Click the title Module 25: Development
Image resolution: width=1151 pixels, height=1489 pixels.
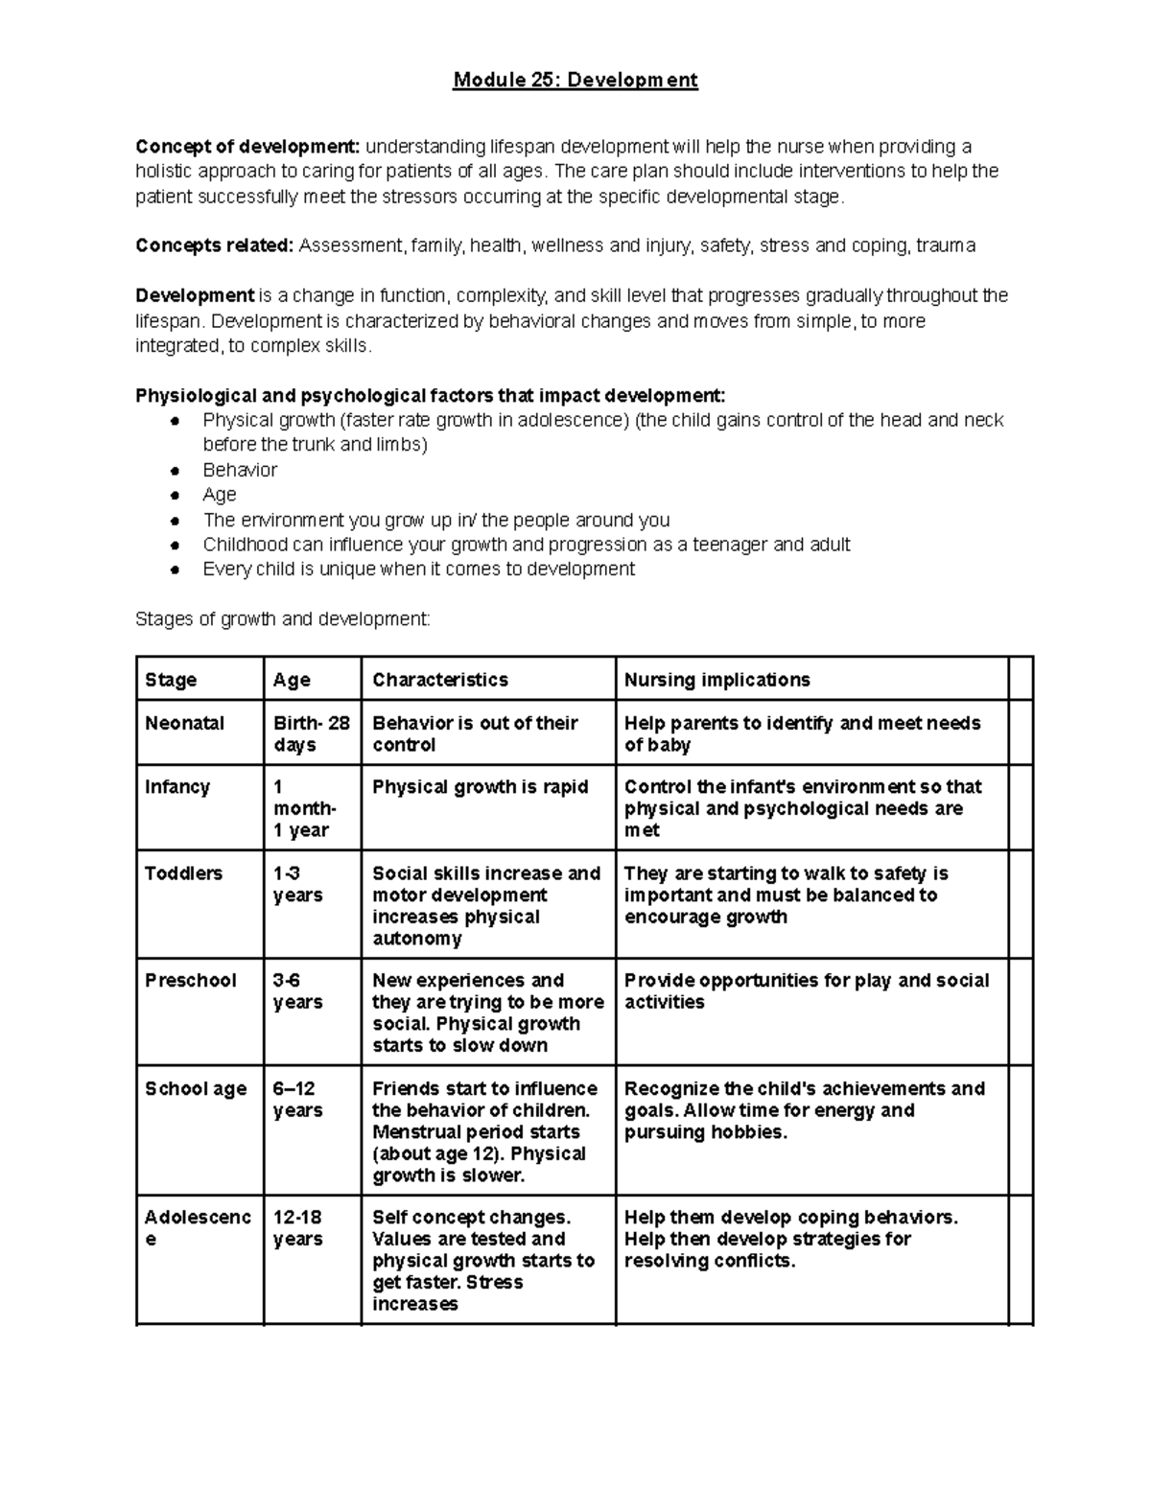click(575, 80)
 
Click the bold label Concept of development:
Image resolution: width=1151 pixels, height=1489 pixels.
click(247, 147)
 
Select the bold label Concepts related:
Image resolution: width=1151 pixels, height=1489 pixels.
click(215, 245)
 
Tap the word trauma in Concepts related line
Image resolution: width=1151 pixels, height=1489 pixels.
click(946, 245)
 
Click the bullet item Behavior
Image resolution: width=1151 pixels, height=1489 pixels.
click(240, 470)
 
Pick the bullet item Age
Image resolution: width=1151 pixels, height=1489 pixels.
click(220, 495)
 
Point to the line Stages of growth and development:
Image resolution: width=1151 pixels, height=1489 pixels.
click(283, 619)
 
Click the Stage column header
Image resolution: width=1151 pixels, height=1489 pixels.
click(171, 680)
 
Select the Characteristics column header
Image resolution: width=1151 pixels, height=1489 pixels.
click(440, 680)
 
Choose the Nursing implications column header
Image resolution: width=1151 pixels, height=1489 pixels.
click(716, 680)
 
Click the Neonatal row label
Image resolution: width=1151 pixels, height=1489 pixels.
click(184, 724)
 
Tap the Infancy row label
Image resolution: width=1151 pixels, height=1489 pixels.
click(177, 787)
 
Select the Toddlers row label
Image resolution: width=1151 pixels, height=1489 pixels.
click(183, 873)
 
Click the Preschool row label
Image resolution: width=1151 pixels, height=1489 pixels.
click(190, 981)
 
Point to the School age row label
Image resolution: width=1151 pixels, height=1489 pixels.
click(196, 1089)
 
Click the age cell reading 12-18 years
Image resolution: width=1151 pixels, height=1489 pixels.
click(298, 1228)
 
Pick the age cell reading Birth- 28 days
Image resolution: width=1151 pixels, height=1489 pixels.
click(312, 734)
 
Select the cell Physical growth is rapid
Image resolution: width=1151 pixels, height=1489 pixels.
click(480, 787)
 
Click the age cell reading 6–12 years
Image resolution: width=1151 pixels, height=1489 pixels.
click(297, 1100)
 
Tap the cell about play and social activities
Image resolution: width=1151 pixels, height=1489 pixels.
click(806, 991)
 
